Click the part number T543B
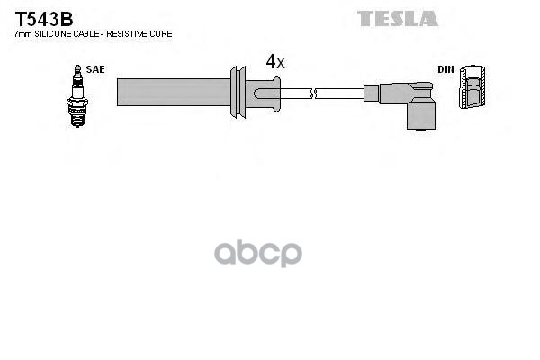[x=43, y=18]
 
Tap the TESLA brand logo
[x=398, y=18]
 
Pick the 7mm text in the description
[x=22, y=33]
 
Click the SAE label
[x=94, y=68]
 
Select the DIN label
[x=445, y=69]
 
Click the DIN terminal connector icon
[x=473, y=91]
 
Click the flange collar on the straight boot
[x=238, y=92]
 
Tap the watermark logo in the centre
[x=269, y=252]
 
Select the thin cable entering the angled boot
[x=339, y=92]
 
